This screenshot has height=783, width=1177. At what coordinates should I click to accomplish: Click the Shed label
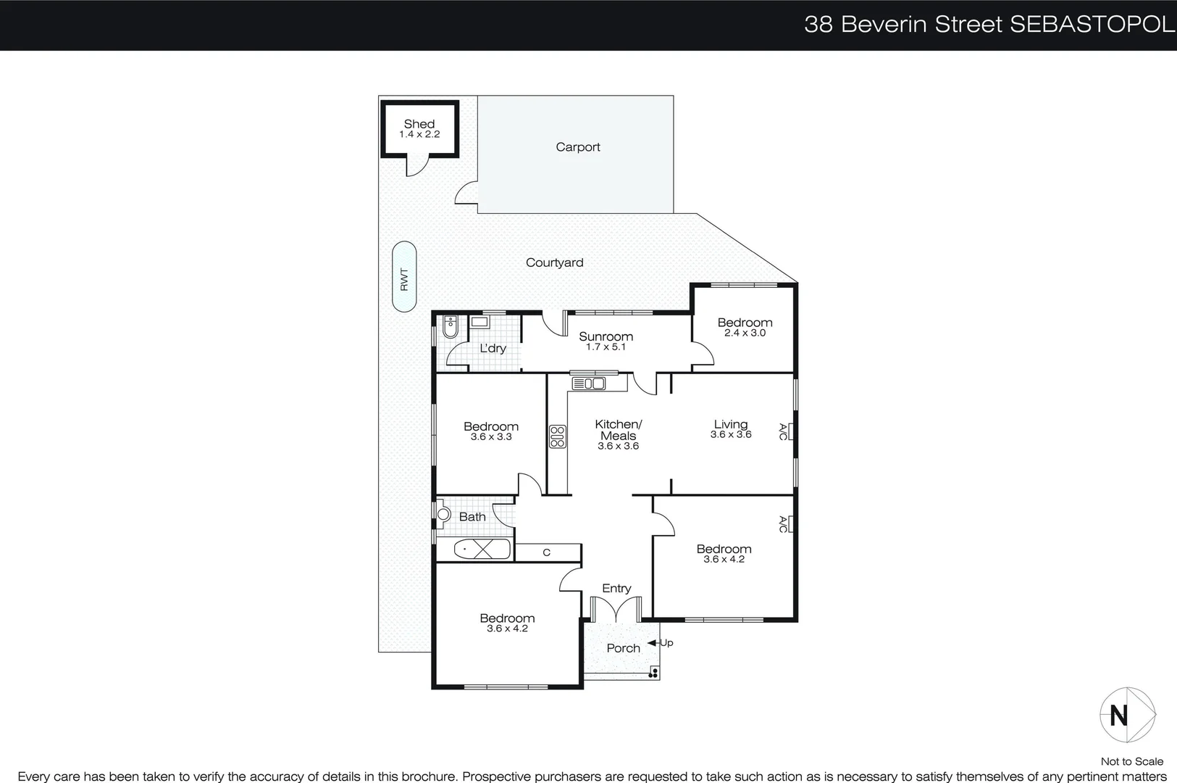[x=419, y=124]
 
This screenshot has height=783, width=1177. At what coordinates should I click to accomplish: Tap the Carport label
[x=577, y=147]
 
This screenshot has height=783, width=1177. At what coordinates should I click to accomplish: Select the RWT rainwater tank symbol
[x=404, y=277]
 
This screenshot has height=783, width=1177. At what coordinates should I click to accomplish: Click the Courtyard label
[x=554, y=262]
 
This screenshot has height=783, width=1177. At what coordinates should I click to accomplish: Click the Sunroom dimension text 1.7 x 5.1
[x=606, y=347]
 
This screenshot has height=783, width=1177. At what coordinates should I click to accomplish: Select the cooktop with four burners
[x=557, y=436]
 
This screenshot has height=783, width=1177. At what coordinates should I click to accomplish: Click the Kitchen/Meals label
[x=618, y=430]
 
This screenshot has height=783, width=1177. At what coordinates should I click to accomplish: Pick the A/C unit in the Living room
[x=789, y=432]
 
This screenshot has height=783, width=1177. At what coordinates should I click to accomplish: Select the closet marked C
[x=547, y=552]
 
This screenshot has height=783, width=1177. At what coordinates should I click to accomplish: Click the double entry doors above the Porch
[x=615, y=610]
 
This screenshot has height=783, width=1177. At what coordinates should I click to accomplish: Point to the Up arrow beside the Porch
[x=660, y=643]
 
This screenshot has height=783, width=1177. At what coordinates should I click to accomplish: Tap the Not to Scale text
[x=1131, y=761]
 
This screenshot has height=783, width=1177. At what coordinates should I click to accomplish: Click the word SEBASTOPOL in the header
[x=1092, y=25]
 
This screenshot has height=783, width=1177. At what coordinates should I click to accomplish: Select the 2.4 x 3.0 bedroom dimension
[x=745, y=333]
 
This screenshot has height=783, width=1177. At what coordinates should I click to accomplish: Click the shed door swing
[x=415, y=167]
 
